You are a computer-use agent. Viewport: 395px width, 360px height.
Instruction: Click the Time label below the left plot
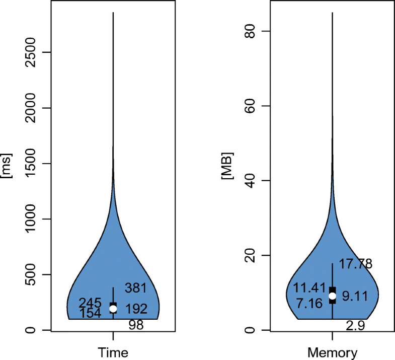(x=113, y=352)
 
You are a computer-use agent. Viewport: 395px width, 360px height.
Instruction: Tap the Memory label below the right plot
(x=333, y=352)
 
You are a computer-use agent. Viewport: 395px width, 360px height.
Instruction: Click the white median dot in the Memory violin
(x=333, y=296)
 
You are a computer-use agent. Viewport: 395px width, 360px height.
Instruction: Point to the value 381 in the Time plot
(x=135, y=288)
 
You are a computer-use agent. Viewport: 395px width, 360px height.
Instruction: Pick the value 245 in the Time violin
(x=90, y=303)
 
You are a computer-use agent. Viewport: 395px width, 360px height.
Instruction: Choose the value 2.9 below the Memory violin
(x=355, y=326)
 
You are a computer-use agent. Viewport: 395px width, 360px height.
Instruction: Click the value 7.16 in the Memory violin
(x=310, y=304)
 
